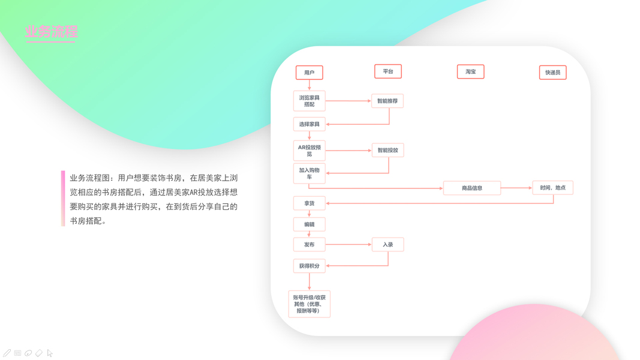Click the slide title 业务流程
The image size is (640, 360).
(x=52, y=32)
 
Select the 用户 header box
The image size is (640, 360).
(x=310, y=73)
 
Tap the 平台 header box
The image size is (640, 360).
(x=388, y=71)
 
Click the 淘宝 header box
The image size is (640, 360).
(x=470, y=72)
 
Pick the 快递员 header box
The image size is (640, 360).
(x=552, y=73)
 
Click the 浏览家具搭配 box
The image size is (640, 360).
(x=310, y=101)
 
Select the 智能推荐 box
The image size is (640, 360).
(x=387, y=101)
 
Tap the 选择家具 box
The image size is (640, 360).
(x=310, y=124)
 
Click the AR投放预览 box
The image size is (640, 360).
(x=310, y=150)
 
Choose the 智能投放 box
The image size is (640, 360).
(x=387, y=150)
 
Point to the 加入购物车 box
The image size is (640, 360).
(x=310, y=173)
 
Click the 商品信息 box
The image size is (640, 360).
(x=472, y=188)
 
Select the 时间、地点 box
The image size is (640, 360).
(x=552, y=188)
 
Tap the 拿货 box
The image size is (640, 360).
(x=310, y=203)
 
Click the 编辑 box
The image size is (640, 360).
(x=310, y=224)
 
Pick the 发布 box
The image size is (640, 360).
(x=310, y=245)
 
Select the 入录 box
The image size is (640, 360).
(x=387, y=245)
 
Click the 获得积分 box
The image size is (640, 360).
(x=310, y=266)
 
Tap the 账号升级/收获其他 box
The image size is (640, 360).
(x=310, y=304)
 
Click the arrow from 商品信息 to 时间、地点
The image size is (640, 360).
(x=516, y=188)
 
